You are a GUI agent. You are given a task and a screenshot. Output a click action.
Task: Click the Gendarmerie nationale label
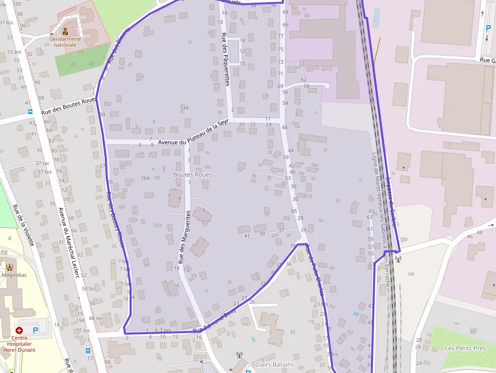pyautogui.click(x=65, y=42)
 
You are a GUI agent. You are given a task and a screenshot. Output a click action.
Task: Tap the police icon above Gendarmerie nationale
pyautogui.click(x=65, y=31)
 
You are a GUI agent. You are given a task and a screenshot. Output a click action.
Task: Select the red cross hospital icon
pyautogui.click(x=19, y=330)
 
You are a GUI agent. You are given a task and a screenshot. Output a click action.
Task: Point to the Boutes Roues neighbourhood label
pyautogui.click(x=193, y=175)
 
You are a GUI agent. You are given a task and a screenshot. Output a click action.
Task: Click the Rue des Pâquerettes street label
pyautogui.click(x=226, y=59)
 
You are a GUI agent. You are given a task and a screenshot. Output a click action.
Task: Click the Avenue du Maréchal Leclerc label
pyautogui.click(x=69, y=243)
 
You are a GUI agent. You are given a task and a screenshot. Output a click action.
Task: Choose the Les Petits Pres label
pyautogui.click(x=465, y=348)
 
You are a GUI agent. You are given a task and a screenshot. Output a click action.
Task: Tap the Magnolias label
pyautogui.click(x=14, y=275)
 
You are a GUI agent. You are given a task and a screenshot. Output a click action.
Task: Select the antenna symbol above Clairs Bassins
pyautogui.click(x=239, y=355)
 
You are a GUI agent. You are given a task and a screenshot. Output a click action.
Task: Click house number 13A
pyautogui.click(x=184, y=107)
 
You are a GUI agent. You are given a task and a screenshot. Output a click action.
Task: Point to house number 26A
pyautogui.click(x=146, y=178)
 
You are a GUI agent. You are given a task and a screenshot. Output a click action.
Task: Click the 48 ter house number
pyautogui.click(x=96, y=318)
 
